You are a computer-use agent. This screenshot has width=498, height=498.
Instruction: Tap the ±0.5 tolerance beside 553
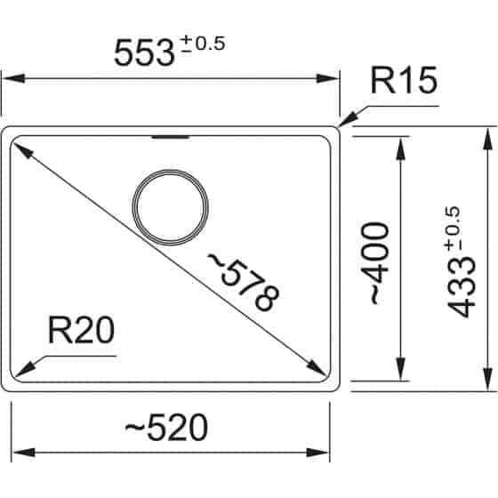(x=204, y=43)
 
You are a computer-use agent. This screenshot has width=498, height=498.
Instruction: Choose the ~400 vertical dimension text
(x=377, y=264)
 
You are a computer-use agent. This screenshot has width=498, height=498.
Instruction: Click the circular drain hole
(x=172, y=205)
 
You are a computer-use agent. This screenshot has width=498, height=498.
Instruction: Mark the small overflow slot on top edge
(x=171, y=138)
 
